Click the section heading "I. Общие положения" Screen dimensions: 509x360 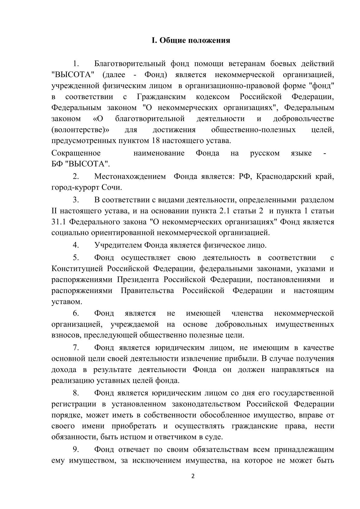pos(191,41)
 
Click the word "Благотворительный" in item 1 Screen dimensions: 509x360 pos(130,64)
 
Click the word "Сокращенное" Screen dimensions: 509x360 pos(76,153)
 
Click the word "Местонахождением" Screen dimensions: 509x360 pos(130,177)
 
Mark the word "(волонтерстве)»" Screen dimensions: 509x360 pos(80,130)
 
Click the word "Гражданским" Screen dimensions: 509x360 pos(161,97)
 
